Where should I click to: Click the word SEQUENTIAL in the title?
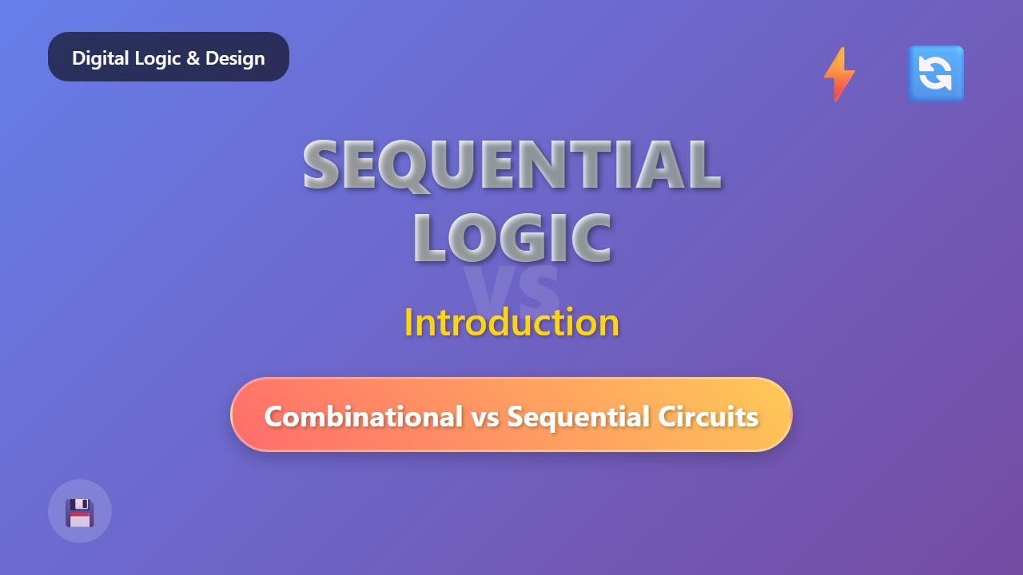tap(511, 165)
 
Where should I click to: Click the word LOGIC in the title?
tap(512, 237)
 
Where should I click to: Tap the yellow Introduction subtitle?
tap(511, 323)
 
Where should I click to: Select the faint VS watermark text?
tap(512, 289)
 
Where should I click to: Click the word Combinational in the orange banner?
tap(363, 416)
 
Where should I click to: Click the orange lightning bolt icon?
tap(839, 73)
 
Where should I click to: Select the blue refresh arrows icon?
tap(935, 73)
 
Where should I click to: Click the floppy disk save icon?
tap(80, 512)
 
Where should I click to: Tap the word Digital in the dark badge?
tap(96, 58)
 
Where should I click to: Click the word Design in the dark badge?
tap(235, 58)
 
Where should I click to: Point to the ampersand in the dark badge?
tap(193, 58)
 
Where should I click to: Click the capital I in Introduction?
tap(408, 323)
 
